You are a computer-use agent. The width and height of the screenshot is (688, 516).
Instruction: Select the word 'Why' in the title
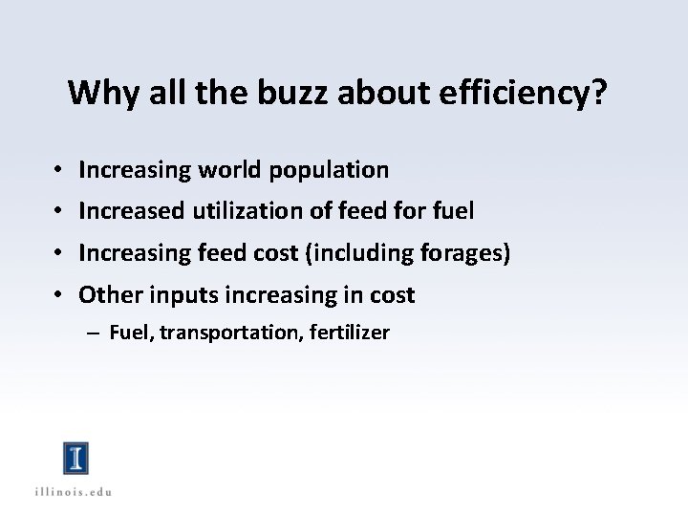pyautogui.click(x=94, y=93)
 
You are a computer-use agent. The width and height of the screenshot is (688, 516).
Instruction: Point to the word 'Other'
pyautogui.click(x=108, y=295)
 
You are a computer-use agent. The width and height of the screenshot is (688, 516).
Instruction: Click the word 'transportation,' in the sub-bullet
pyautogui.click(x=229, y=333)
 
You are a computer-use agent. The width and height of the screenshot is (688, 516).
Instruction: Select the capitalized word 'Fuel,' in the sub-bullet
pyautogui.click(x=131, y=333)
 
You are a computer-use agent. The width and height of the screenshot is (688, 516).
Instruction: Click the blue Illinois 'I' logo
pyautogui.click(x=75, y=458)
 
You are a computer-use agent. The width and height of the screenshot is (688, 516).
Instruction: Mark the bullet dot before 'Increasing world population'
pyautogui.click(x=58, y=171)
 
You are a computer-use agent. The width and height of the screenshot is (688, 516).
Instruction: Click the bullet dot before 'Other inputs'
pyautogui.click(x=58, y=296)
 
